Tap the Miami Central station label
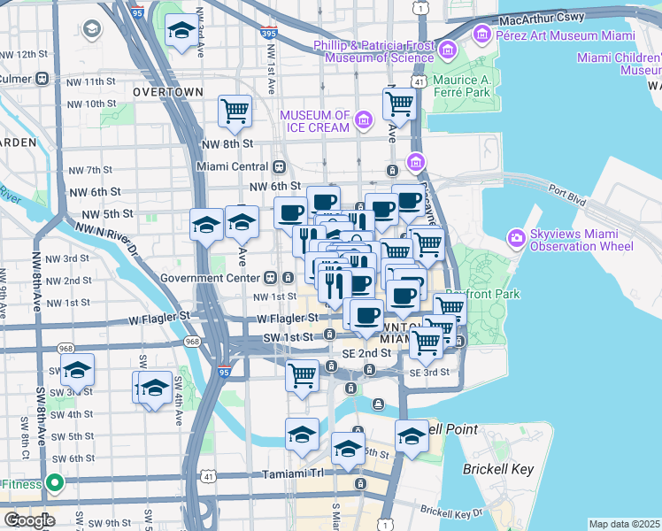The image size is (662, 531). click(232, 166)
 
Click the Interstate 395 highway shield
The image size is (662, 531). click(269, 33)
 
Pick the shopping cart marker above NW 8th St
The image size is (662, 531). click(235, 112)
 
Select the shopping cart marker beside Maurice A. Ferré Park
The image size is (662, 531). click(399, 104)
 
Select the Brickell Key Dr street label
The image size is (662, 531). click(451, 511)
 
